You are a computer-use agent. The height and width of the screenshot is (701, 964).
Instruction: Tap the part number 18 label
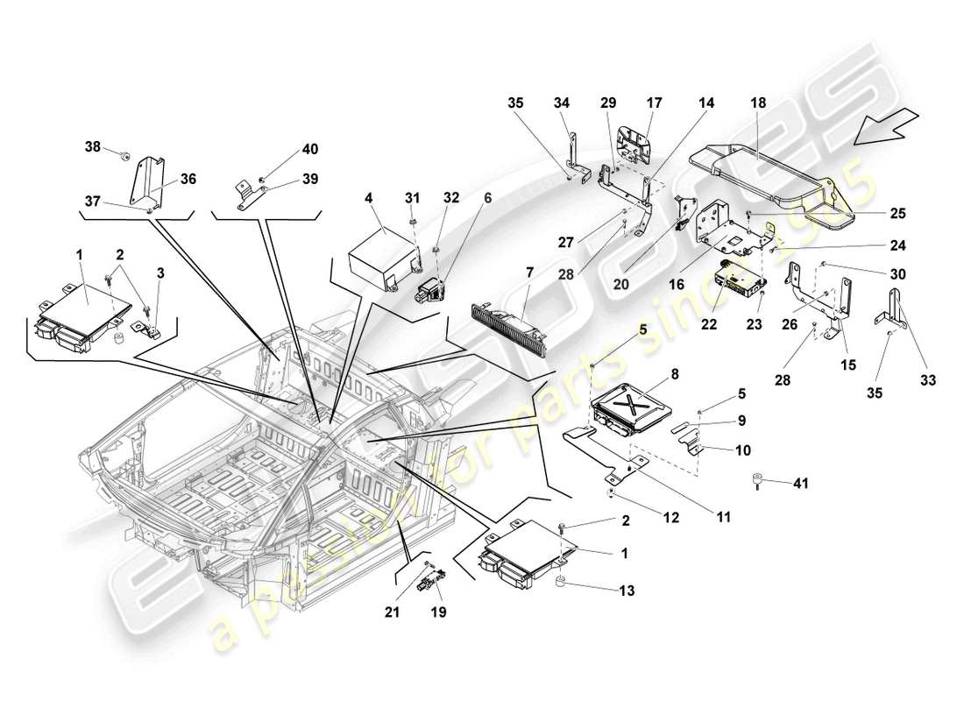(x=758, y=103)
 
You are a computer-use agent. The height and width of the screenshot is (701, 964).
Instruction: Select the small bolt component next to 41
(x=755, y=479)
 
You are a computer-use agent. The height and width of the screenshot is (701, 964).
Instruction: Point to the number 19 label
(x=438, y=612)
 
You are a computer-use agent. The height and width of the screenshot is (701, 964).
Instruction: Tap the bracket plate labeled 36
(x=151, y=184)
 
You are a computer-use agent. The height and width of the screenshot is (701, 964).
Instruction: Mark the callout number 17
(x=654, y=103)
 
